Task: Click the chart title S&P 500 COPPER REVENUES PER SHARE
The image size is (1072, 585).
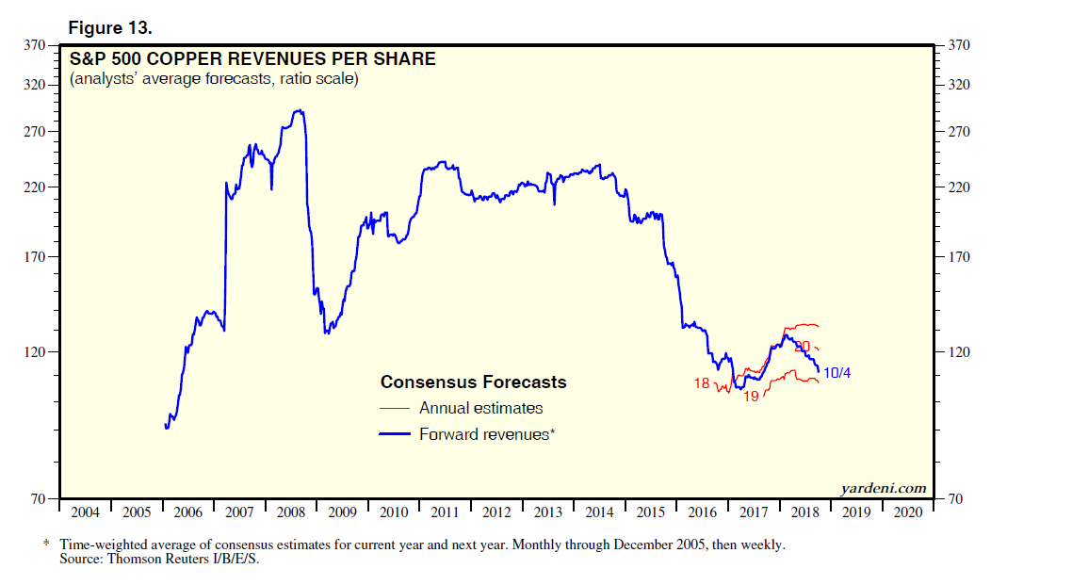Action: tap(252, 59)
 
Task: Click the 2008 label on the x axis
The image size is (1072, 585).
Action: tap(291, 512)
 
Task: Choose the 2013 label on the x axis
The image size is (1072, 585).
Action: tap(548, 512)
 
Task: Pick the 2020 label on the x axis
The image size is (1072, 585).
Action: tap(908, 512)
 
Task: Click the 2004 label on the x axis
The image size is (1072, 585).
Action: tap(86, 512)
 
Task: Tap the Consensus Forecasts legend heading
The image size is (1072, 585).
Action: tap(473, 382)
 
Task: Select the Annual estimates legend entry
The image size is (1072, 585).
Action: tap(480, 408)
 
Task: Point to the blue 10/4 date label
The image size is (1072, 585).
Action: tap(837, 374)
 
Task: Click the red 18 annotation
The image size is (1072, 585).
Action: tap(701, 383)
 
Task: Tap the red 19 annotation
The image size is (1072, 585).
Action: tap(752, 397)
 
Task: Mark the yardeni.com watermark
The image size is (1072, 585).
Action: tap(883, 488)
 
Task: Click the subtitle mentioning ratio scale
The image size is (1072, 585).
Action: tap(214, 79)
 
